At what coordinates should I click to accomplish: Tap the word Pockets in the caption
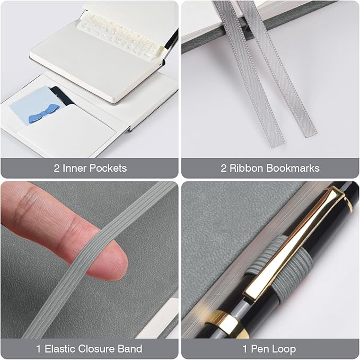click(108, 168)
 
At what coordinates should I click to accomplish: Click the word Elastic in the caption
click(60, 348)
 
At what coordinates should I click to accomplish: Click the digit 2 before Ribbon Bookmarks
click(224, 168)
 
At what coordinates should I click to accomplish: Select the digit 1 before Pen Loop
click(245, 349)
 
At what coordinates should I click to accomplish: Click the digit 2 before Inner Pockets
click(57, 168)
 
